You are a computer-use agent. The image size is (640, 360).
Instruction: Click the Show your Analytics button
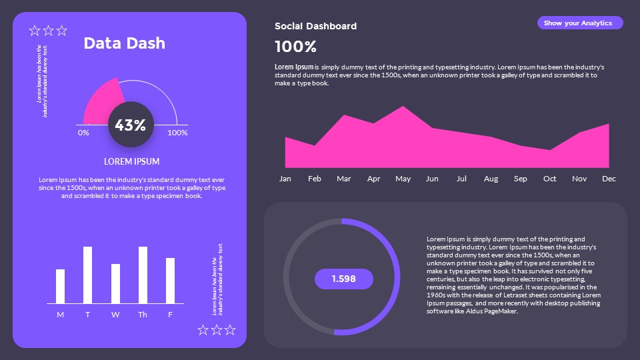pos(579,23)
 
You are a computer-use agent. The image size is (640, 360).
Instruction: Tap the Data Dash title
pos(124,43)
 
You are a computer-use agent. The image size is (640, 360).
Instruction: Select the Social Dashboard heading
pos(315,26)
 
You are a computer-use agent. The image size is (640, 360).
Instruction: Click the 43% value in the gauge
pos(131,125)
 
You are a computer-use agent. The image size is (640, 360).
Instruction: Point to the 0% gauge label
pos(83,133)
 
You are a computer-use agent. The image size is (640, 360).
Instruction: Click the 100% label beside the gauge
pos(177,133)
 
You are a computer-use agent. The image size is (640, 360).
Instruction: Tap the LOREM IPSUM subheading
pos(131,161)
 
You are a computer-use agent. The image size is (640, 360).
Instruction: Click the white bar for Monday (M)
pos(61,286)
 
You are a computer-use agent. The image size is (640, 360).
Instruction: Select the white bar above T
pos(87,275)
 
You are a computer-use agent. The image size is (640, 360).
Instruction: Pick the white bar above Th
pos(143,275)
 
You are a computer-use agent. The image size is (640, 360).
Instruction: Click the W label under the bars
pos(115,315)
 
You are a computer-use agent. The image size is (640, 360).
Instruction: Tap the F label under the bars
pos(170,315)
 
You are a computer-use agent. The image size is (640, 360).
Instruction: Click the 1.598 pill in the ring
pos(343,279)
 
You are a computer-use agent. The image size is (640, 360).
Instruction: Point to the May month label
pos(403,179)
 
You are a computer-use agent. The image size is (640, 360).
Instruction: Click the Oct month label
pos(550,179)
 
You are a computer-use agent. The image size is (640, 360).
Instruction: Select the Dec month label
pos(609,179)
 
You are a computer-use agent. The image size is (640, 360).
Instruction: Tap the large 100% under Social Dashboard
pos(295,47)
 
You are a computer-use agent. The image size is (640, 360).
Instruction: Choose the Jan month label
pos(285,179)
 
